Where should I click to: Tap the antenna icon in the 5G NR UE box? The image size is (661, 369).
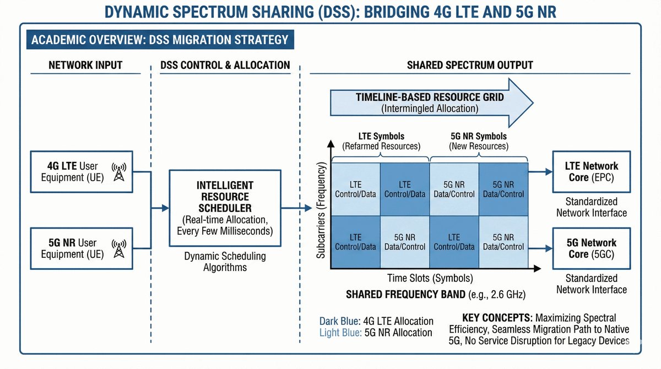coord(118,248)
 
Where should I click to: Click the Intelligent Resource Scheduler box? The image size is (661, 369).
coord(225,208)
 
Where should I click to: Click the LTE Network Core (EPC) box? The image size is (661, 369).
coord(591,172)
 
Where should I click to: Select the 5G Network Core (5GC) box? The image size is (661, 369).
coord(591,248)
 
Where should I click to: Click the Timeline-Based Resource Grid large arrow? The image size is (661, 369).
coord(430,102)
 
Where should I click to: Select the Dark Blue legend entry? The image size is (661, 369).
coord(376,321)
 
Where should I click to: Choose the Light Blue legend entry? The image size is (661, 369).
coord(376,333)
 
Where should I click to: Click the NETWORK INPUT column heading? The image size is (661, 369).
coord(85,65)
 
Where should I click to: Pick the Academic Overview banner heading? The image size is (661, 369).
coord(160,40)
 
